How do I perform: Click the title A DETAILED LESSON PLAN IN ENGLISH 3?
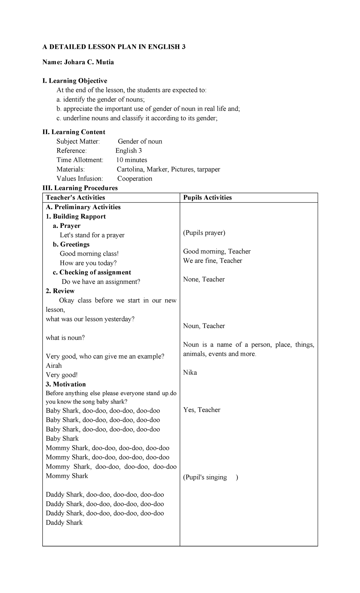[x=114, y=47]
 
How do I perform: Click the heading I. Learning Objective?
[x=75, y=81]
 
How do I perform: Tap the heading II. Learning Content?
[x=74, y=132]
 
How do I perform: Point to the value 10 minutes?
[x=132, y=160]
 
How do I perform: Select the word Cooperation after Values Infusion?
[x=135, y=179]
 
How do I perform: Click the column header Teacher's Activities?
[x=75, y=197]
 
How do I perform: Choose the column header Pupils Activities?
[x=208, y=197]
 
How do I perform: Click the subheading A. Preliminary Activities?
[x=83, y=207]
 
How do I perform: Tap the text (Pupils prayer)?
[x=204, y=233]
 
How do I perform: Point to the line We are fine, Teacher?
[x=213, y=260]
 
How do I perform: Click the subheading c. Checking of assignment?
[x=92, y=272]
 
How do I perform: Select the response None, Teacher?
[x=204, y=279]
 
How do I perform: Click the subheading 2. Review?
[x=60, y=291]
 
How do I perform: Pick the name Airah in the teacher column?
[x=54, y=366]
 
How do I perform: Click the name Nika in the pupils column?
[x=190, y=373]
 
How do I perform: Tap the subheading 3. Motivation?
[x=66, y=384]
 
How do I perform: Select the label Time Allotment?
[x=80, y=160]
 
